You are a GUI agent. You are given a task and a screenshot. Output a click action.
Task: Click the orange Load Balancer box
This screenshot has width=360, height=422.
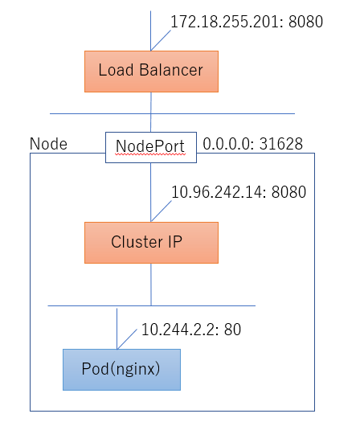[151, 72]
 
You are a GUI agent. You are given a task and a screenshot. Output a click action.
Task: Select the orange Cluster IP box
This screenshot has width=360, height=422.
[151, 243]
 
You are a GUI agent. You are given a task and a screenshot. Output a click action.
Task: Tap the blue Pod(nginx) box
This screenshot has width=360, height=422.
[121, 370]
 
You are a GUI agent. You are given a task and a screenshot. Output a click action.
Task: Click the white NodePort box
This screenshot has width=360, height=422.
[151, 147]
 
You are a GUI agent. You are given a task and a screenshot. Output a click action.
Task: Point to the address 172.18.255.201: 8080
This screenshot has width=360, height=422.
[247, 22]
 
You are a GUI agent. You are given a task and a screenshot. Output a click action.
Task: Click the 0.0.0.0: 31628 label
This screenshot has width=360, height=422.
[252, 144]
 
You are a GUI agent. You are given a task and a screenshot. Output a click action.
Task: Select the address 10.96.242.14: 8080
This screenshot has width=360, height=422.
[239, 192]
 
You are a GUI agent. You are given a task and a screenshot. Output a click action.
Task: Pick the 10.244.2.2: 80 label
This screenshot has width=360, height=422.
[191, 329]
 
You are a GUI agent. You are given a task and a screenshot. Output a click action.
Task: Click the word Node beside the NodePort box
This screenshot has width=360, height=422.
[48, 144]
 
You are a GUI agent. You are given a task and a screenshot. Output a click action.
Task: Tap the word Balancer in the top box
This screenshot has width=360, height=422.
[171, 70]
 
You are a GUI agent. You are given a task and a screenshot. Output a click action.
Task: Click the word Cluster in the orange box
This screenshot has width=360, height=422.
[137, 241]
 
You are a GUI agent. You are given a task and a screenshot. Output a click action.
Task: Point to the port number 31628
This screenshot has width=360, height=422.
[281, 144]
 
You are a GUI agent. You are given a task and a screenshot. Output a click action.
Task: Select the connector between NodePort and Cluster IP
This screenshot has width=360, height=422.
[151, 192]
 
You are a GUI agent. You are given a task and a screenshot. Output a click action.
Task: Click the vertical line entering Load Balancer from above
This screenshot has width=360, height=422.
[151, 31]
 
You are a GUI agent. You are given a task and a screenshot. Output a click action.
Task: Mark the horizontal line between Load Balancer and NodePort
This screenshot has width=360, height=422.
[172, 113]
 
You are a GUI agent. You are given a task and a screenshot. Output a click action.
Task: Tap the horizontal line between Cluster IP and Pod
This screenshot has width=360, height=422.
[152, 305]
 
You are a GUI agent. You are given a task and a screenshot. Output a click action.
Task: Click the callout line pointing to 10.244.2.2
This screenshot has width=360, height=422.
[127, 339]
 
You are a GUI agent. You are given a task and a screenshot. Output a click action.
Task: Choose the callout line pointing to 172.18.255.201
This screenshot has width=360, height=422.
[161, 40]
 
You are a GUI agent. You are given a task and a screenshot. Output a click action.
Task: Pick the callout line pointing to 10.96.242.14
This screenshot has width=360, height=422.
[162, 211]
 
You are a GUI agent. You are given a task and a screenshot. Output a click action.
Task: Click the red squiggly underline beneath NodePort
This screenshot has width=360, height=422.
[150, 154]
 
